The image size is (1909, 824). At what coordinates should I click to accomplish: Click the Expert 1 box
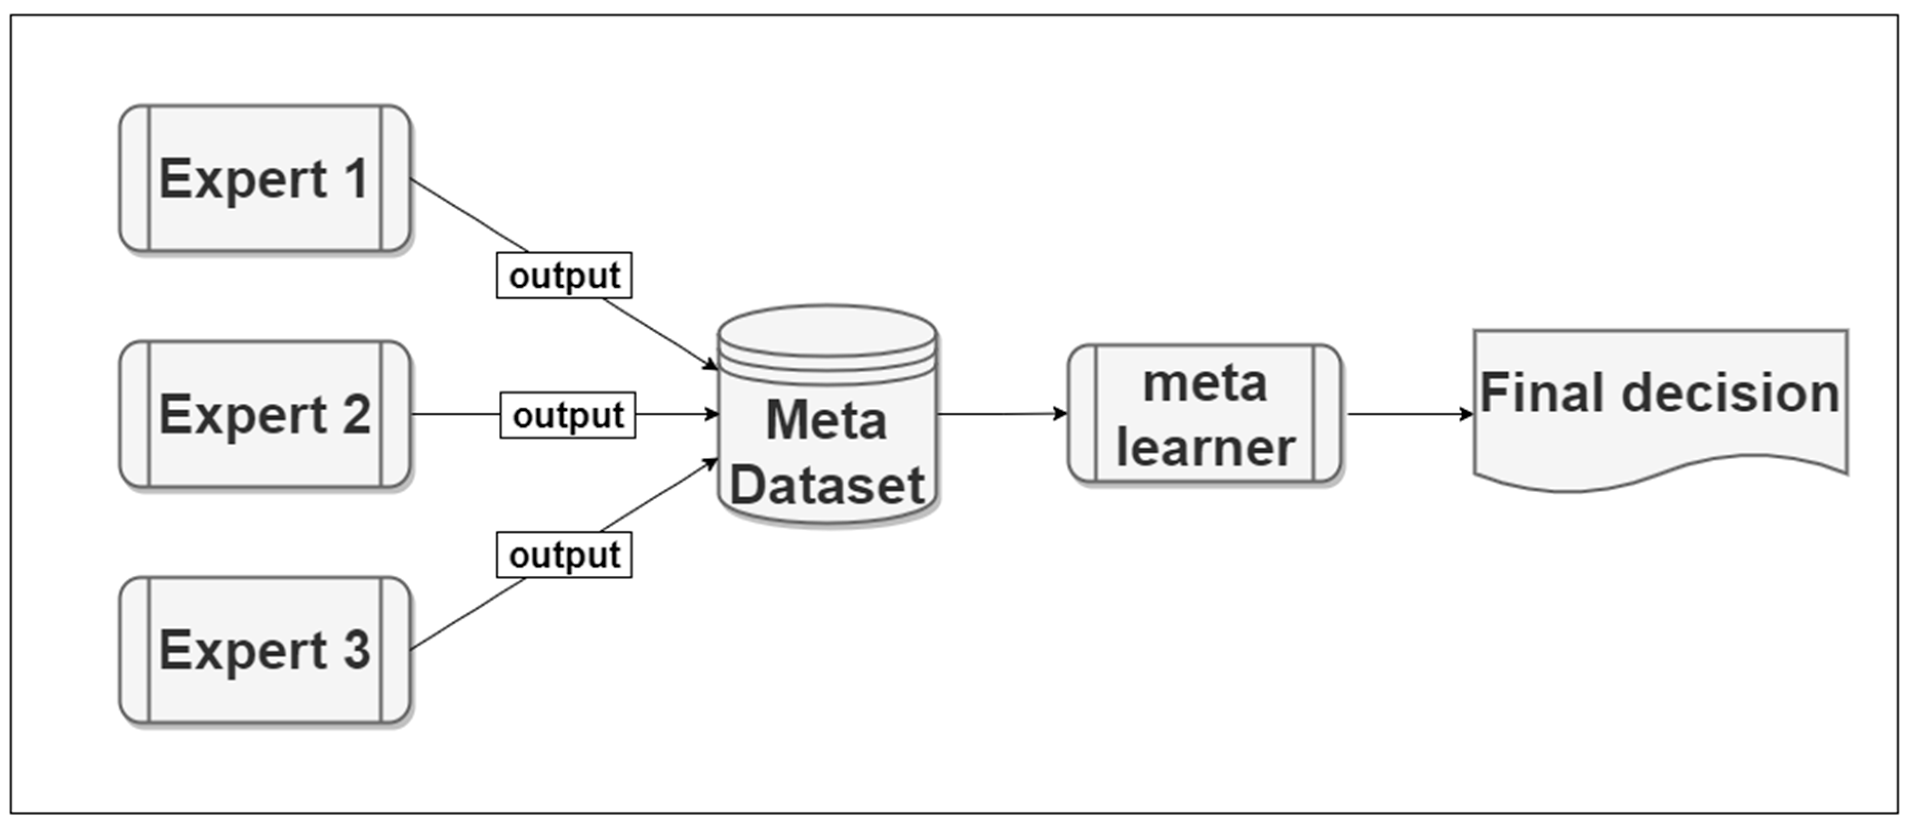pyautogui.click(x=265, y=178)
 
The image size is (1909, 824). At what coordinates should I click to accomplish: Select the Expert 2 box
pyautogui.click(x=265, y=414)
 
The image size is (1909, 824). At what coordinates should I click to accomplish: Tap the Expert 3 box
pyautogui.click(x=265, y=650)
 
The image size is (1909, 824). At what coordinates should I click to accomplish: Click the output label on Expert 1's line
pyautogui.click(x=564, y=276)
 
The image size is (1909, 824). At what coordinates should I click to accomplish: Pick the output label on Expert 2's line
pyautogui.click(x=567, y=415)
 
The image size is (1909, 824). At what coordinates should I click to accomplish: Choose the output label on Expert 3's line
pyautogui.click(x=564, y=555)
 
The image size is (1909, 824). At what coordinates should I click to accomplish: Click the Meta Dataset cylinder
pyautogui.click(x=827, y=430)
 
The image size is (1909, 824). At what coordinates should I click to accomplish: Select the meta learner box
pyautogui.click(x=1205, y=414)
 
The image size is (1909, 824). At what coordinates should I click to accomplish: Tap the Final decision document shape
pyautogui.click(x=1660, y=407)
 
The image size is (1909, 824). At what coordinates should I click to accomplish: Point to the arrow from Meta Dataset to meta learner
pyautogui.click(x=1001, y=414)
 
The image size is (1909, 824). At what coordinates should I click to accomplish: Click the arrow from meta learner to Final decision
pyautogui.click(x=1408, y=414)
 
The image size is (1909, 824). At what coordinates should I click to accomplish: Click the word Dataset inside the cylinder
pyautogui.click(x=827, y=485)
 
